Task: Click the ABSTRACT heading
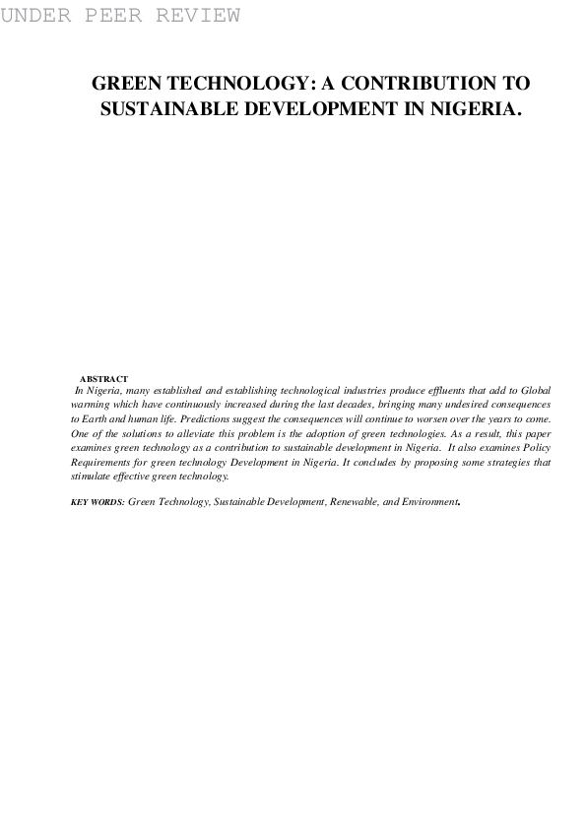pos(103,379)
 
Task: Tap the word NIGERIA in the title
pos(466,109)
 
